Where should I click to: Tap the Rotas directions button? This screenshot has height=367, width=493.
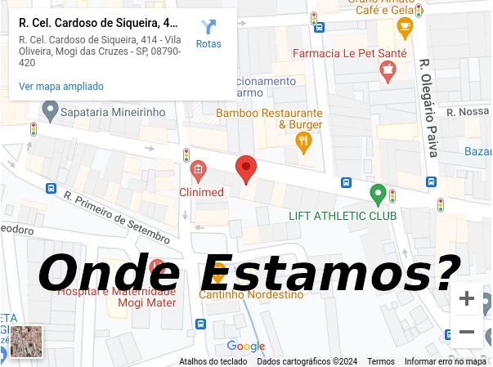pyautogui.click(x=208, y=34)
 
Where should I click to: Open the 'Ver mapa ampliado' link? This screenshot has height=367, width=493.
pyautogui.click(x=61, y=86)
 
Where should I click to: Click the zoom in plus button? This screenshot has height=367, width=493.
pyautogui.click(x=467, y=299)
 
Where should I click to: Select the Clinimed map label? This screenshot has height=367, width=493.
pyautogui.click(x=201, y=192)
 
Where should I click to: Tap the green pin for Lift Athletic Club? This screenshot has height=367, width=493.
pyautogui.click(x=377, y=195)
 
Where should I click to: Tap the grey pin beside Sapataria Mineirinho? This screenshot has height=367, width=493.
pyautogui.click(x=50, y=110)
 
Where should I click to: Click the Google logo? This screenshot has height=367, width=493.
pyautogui.click(x=245, y=347)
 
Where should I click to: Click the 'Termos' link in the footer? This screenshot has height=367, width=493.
pyautogui.click(x=381, y=361)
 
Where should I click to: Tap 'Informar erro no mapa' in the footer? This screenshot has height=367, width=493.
pyautogui.click(x=445, y=361)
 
